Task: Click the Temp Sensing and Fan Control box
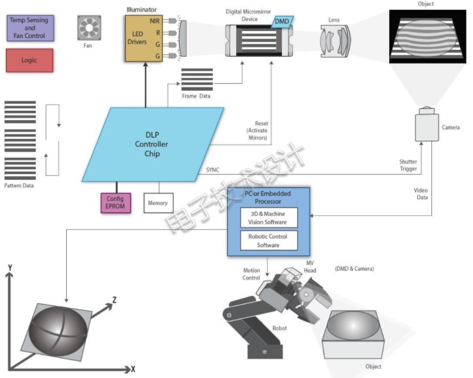coord(30,28)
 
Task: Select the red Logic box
coord(29,60)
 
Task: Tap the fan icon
coord(89,28)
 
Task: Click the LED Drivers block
coord(144,39)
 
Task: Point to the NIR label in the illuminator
coord(155,21)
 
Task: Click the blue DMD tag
coord(282,22)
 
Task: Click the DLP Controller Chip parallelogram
coord(152,144)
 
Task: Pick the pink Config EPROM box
coord(115,203)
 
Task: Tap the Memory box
coord(158,203)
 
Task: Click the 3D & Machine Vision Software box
coord(268,217)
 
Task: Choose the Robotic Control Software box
coord(268,240)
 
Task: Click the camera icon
coord(427,124)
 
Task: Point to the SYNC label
coord(213,170)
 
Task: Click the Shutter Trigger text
coord(408,165)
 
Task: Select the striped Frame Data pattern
coord(197,80)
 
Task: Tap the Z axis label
coord(114,300)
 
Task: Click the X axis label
coord(133,369)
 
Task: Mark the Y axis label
coord(10,268)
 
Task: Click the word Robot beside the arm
coord(280,328)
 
